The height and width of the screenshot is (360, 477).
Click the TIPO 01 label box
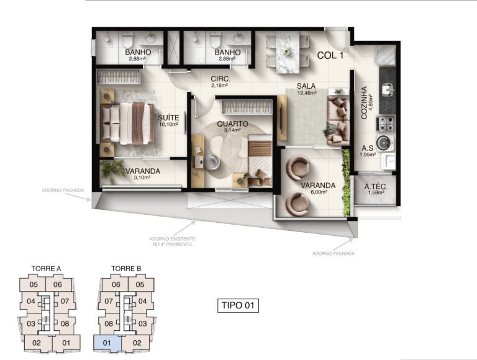238,305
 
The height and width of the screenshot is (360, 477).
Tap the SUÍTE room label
168,118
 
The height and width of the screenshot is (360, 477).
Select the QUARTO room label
232,124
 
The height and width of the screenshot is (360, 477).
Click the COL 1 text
330,55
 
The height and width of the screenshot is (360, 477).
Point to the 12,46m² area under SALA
306,93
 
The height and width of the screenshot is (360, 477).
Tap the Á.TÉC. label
376,187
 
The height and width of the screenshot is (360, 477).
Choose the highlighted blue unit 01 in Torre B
107,343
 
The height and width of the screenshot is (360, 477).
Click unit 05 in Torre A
34,285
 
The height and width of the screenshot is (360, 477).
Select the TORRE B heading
126,269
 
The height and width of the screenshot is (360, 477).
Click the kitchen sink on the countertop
388,90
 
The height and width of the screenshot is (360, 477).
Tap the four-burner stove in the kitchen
386,124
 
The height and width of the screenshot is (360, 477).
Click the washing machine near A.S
385,143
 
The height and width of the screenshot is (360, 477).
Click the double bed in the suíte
127,124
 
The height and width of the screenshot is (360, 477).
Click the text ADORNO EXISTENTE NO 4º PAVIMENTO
172,241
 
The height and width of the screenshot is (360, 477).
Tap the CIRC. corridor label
220,79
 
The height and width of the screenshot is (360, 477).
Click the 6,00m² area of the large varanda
318,192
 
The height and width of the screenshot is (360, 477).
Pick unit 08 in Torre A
65,323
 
